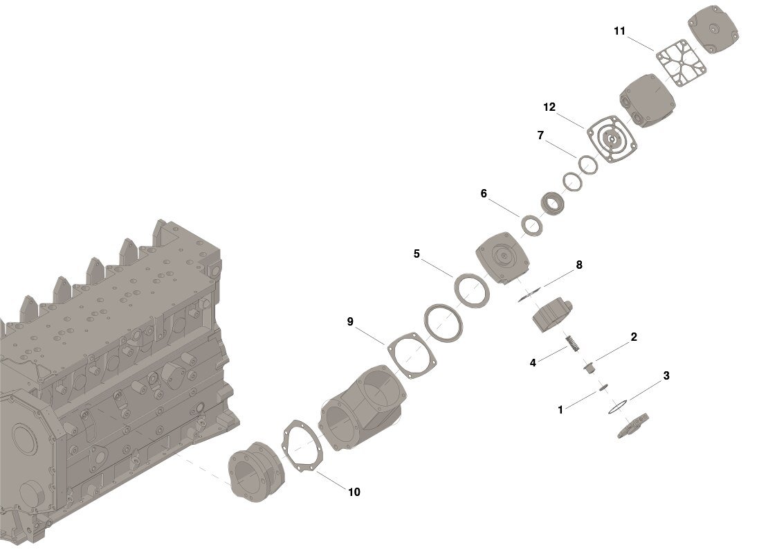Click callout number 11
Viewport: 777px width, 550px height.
(619, 31)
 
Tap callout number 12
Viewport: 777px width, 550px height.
(549, 107)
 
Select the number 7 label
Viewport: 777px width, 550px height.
(540, 135)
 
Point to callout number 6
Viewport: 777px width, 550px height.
(484, 193)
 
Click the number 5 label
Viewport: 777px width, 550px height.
(417, 254)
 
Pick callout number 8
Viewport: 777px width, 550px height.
(579, 265)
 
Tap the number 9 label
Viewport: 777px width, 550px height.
(350, 322)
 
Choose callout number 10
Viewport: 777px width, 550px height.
(354, 492)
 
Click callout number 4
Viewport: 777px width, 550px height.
(533, 363)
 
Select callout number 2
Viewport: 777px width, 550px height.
(634, 337)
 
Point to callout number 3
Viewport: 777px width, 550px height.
(666, 376)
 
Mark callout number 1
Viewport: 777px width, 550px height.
(560, 410)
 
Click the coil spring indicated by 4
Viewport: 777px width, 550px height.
(572, 343)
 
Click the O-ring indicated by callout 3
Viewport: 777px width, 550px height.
(617, 406)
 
